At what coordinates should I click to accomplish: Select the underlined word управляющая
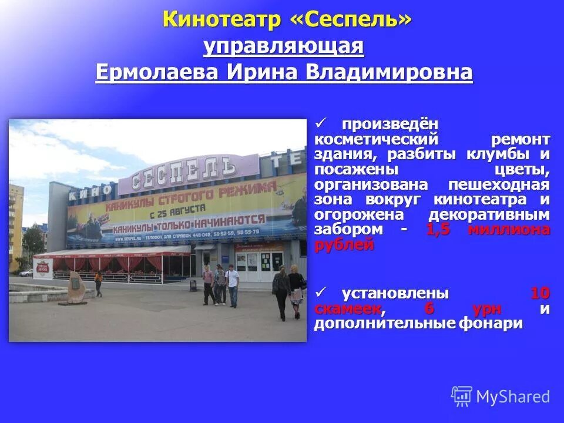pyautogui.click(x=284, y=46)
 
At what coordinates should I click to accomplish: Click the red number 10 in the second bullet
pyautogui.click(x=540, y=293)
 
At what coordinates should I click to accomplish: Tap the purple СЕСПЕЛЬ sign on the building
pyautogui.click(x=186, y=169)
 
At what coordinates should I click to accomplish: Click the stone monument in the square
pyautogui.click(x=77, y=287)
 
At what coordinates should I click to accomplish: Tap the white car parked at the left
pyautogui.click(x=26, y=273)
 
